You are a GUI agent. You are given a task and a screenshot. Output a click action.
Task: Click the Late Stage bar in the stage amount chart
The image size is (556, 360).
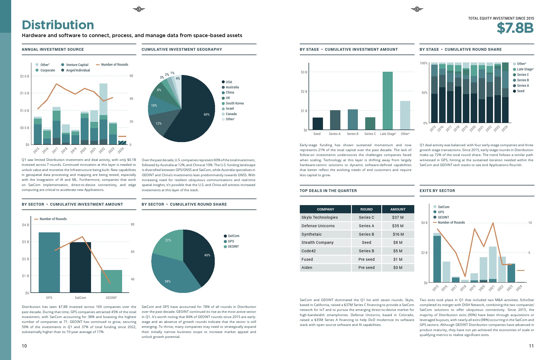click(388, 101)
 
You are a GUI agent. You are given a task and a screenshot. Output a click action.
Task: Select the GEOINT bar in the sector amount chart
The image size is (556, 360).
click(111, 281)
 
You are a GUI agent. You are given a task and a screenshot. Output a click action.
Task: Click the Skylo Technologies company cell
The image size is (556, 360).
click(325, 217)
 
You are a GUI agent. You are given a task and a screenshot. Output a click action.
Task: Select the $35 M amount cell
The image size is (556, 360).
click(398, 226)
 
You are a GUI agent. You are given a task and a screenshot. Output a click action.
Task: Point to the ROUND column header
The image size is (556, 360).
click(366, 209)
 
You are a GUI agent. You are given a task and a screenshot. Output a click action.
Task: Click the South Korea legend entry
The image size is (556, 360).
click(234, 103)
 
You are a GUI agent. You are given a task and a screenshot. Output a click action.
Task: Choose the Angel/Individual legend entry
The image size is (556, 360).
click(78, 70)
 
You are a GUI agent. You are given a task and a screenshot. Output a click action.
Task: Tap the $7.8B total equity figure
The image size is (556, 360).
click(515, 28)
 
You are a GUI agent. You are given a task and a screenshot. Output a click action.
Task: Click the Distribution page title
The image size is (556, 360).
click(58, 25)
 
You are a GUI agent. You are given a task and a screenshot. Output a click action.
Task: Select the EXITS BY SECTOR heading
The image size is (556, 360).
click(437, 191)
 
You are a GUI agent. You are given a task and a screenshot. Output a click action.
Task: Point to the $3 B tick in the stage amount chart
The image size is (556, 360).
click(304, 72)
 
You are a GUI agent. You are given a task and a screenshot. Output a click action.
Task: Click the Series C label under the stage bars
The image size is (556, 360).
click(370, 134)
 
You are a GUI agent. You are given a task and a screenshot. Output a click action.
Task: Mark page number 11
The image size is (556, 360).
click(531, 346)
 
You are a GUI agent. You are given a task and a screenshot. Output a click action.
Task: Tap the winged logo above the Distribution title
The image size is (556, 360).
click(139, 10)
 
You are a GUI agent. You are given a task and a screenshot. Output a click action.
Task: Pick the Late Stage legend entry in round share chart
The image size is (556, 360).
click(525, 69)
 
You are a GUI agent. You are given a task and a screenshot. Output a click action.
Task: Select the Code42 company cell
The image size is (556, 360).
click(325, 251)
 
